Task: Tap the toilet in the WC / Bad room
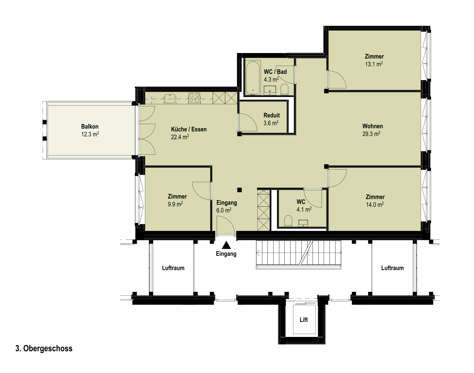(x=284, y=89)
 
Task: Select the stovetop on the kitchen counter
(x=195, y=98)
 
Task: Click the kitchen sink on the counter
(x=170, y=98)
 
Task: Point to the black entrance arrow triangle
(x=226, y=245)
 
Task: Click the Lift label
(x=304, y=320)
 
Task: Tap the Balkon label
(x=90, y=127)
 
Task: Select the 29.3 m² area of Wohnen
(x=371, y=134)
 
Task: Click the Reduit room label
(x=271, y=115)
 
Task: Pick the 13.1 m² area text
(x=374, y=64)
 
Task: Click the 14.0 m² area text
(x=375, y=205)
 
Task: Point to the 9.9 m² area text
(x=175, y=204)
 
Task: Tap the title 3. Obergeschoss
(x=44, y=348)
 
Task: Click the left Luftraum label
(x=173, y=268)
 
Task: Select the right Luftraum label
(x=393, y=268)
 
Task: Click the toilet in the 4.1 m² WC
(x=288, y=221)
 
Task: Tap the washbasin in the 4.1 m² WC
(x=304, y=223)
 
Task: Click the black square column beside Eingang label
(x=239, y=190)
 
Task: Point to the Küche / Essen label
(x=189, y=129)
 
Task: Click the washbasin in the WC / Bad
(x=270, y=90)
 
